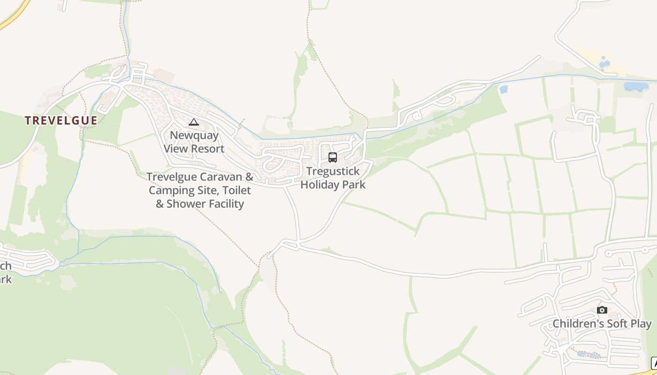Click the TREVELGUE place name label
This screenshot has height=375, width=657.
pyautogui.click(x=61, y=120)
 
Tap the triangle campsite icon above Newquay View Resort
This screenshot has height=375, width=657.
pyautogui.click(x=194, y=122)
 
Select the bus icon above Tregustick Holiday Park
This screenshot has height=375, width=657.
pyautogui.click(x=333, y=157)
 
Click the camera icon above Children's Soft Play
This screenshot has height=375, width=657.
pyautogui.click(x=602, y=310)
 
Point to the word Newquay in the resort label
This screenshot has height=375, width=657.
pyautogui.click(x=194, y=135)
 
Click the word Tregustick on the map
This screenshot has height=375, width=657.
pyautogui.click(x=333, y=171)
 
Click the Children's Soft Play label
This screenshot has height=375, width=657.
pyautogui.click(x=602, y=324)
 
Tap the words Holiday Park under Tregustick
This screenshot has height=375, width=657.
pyautogui.click(x=333, y=185)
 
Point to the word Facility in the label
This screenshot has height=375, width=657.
pyautogui.click(x=227, y=204)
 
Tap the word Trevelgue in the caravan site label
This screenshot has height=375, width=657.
pyautogui.click(x=171, y=177)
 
